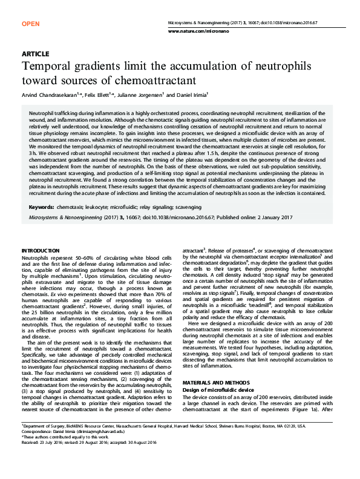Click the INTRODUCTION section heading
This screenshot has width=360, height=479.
41,250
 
